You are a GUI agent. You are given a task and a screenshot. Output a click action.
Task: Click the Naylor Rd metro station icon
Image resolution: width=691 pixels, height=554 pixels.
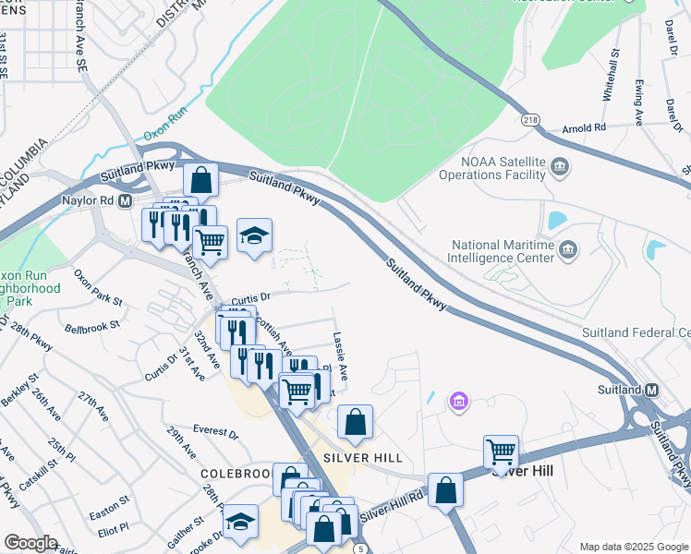tap(125, 200)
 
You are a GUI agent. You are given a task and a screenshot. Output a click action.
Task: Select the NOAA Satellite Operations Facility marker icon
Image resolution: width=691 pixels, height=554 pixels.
tap(559, 167)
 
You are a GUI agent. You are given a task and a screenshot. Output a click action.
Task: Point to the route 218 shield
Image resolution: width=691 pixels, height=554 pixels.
tap(529, 120)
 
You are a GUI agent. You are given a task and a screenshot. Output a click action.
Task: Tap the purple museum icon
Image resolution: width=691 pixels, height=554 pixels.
tap(458, 401)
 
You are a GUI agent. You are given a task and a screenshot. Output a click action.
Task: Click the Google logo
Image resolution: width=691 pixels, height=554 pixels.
tap(30, 543)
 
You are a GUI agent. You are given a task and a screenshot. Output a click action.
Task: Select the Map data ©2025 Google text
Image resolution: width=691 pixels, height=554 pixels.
tap(632, 547)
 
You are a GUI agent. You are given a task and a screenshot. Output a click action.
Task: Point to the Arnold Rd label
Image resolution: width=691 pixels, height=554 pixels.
tap(585, 127)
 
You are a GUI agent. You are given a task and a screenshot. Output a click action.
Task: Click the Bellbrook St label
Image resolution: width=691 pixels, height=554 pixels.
tap(92, 326)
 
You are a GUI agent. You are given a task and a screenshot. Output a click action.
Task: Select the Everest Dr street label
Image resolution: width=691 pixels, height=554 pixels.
tap(215, 431)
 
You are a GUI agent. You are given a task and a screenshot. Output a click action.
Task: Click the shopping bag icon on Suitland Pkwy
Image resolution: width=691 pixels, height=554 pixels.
tap(200, 179)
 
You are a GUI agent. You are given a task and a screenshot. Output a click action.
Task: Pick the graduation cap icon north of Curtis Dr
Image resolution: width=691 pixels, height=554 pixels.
tap(254, 235)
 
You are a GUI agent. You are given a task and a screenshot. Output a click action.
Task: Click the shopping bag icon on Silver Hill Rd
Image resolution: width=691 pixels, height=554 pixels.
tap(445, 490)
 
